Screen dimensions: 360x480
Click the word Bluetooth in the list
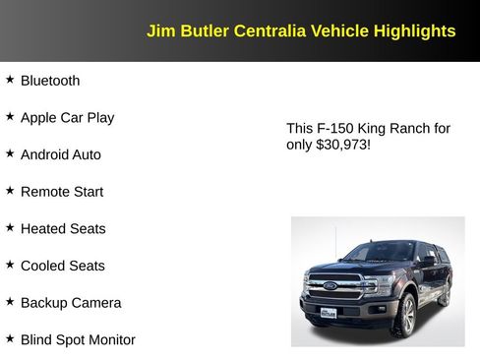click(x=50, y=81)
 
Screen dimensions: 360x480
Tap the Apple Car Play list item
click(x=67, y=118)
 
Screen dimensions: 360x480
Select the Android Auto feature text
click(x=60, y=154)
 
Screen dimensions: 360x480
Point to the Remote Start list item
click(x=61, y=192)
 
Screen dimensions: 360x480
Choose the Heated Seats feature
click(x=63, y=229)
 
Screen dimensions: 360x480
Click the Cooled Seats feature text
click(x=62, y=266)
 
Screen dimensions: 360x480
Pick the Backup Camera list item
click(x=71, y=303)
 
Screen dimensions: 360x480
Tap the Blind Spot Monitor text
click(x=78, y=340)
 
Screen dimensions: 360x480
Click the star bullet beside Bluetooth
click(x=10, y=80)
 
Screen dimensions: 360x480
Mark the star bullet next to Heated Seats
click(x=10, y=228)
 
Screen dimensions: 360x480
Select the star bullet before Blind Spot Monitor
click(x=10, y=339)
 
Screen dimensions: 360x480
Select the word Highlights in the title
click(x=414, y=31)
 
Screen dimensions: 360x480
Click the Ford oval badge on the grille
click(x=330, y=286)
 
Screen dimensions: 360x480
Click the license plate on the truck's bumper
click(x=329, y=312)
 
